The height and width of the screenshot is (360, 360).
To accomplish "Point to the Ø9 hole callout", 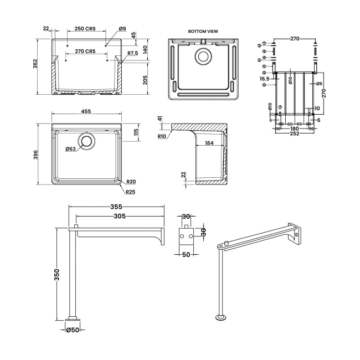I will pos(122,28).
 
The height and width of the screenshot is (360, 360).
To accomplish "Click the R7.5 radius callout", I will pos(132,53).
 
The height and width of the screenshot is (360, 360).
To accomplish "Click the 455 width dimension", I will pos(86,111).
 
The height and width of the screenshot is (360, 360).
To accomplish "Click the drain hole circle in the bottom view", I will pos(203,56).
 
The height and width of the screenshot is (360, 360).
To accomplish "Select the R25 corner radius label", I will pos(131,192).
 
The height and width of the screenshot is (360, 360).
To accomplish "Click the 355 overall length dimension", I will pos(116,207).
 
